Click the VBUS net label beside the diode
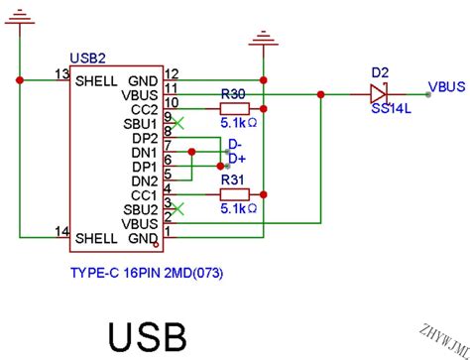(447, 87)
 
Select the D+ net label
(236, 159)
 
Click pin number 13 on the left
(61, 74)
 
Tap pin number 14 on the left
(61, 232)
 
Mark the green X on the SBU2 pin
(176, 208)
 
